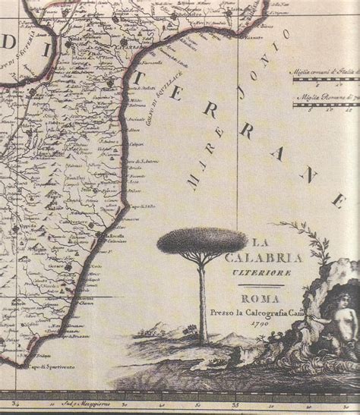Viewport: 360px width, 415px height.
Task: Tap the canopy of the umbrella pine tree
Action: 202,241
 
